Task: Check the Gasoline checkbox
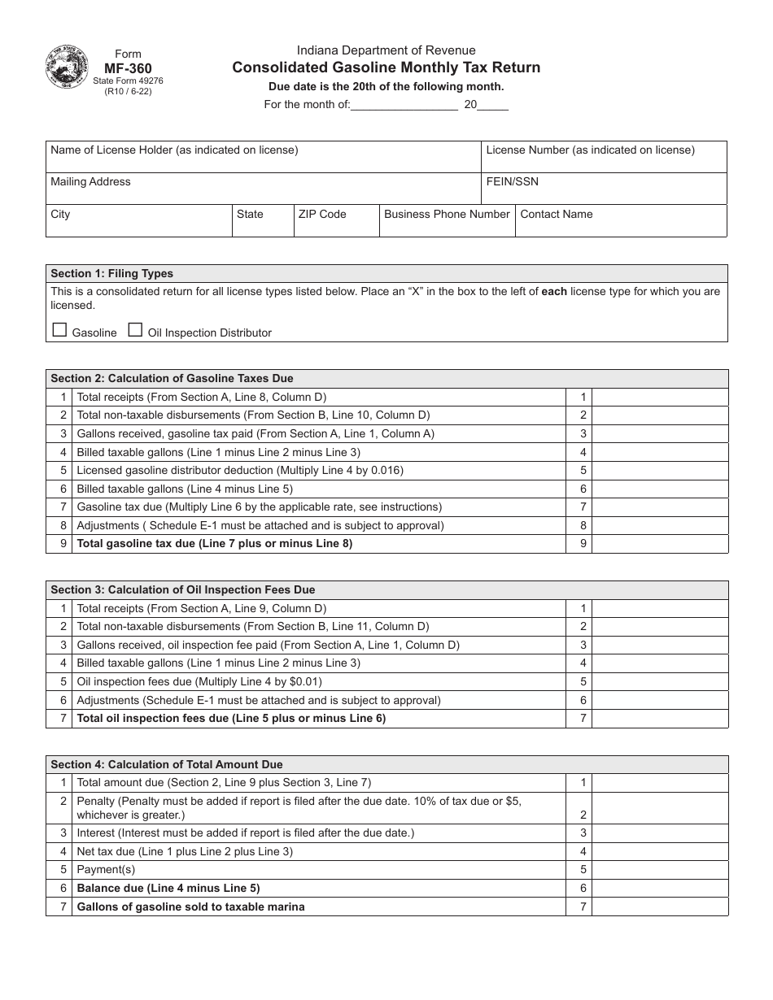click(59, 330)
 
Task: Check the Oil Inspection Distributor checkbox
click(135, 330)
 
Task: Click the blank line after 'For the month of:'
click(404, 105)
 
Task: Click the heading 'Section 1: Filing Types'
click(112, 274)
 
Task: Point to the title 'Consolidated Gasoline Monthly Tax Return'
click(386, 67)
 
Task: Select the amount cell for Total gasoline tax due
click(659, 544)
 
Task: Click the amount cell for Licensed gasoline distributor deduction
click(659, 471)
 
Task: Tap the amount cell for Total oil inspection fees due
click(659, 719)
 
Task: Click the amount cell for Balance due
click(659, 889)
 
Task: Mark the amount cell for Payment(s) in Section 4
click(659, 870)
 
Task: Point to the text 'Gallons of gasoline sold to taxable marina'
click(190, 907)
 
